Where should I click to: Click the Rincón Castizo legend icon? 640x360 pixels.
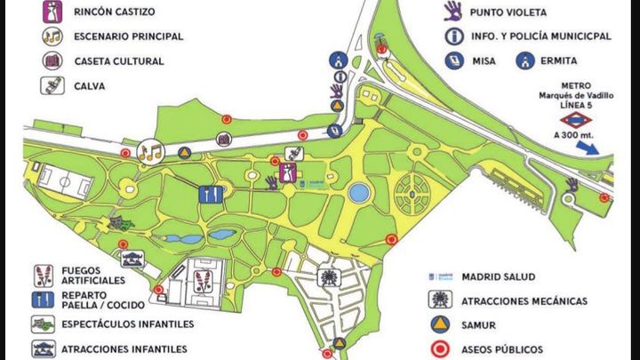point(50,12)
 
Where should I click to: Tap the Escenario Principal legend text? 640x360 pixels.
point(130,36)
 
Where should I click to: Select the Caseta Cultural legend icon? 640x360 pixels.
point(50,61)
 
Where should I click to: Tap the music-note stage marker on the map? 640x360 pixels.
point(150,152)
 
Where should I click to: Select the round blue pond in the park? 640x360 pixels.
point(358,193)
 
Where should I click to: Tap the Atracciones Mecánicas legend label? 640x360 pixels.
point(524,301)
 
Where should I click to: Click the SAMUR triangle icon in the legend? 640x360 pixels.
point(440,324)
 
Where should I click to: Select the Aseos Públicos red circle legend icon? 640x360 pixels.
point(440,348)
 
